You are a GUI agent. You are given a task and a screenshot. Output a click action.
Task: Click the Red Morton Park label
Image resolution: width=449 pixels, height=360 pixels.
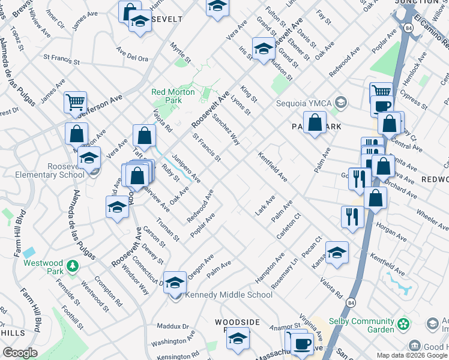pyautogui.click(x=173, y=96)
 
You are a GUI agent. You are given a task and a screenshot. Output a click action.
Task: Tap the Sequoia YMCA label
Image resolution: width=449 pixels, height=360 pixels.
pyautogui.click(x=304, y=102)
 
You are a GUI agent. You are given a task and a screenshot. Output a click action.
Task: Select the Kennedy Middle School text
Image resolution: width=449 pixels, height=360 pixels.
pyautogui.click(x=229, y=295)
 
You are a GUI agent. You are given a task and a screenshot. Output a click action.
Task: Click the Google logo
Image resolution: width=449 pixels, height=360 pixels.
pyautogui.click(x=20, y=353)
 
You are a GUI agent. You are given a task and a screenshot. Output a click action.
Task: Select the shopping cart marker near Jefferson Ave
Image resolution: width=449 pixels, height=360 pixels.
pyautogui.click(x=75, y=103)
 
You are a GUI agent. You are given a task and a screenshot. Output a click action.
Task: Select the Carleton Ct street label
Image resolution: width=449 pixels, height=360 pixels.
pyautogui.click(x=288, y=225)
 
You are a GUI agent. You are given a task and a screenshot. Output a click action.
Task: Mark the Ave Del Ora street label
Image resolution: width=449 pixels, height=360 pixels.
pyautogui.click(x=132, y=58)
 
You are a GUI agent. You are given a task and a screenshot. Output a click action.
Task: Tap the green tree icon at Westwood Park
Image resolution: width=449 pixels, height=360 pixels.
pyautogui.click(x=73, y=265)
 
